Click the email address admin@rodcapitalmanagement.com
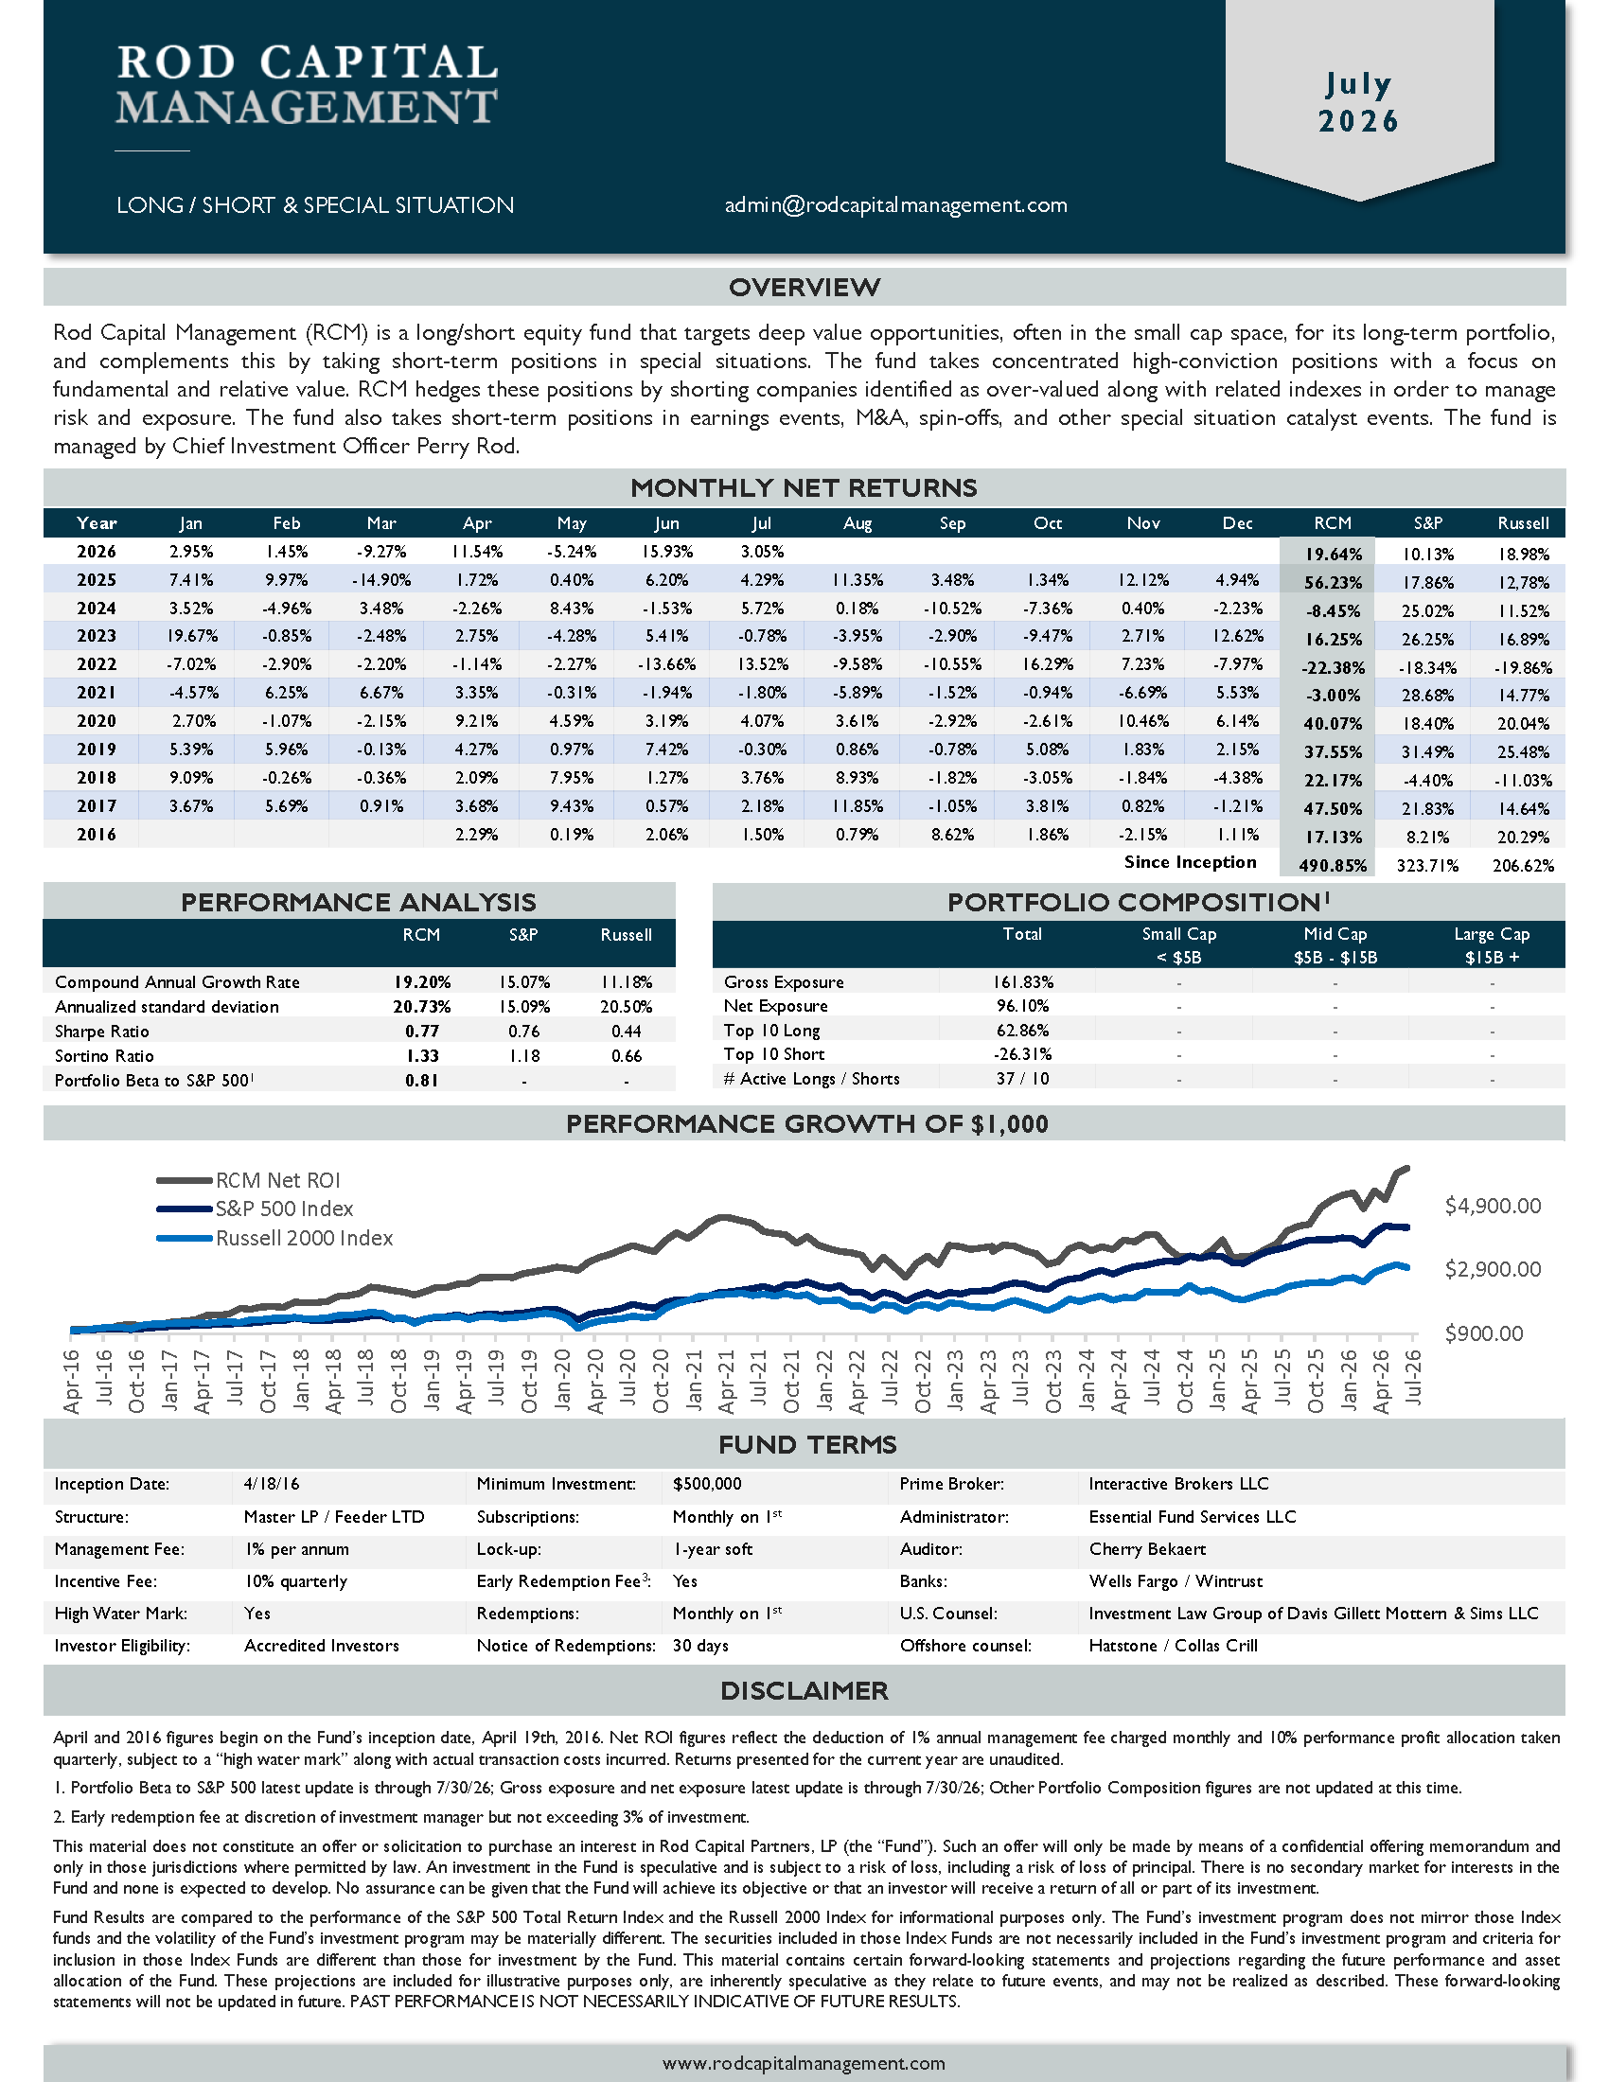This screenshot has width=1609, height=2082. tap(895, 205)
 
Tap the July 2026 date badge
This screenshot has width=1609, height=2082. tap(1359, 102)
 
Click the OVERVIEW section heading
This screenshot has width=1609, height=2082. tap(804, 287)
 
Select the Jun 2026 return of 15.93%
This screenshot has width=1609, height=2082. tap(666, 551)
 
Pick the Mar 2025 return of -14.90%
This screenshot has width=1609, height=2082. tap(380, 579)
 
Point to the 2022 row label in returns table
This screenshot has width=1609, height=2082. tap(97, 664)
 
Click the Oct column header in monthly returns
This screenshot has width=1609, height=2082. tap(1048, 523)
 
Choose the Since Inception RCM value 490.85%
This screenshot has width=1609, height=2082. tap(1333, 866)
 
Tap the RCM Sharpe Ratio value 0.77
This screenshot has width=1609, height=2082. tap(421, 1032)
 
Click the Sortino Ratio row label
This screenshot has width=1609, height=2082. tap(104, 1056)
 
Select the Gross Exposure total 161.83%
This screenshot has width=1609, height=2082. tap(1022, 982)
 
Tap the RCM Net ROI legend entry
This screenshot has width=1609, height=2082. tap(249, 1180)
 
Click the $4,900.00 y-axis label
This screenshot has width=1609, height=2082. tap(1493, 1206)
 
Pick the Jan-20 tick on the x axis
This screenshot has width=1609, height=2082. tap(562, 1381)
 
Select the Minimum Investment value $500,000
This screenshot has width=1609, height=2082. tap(706, 1484)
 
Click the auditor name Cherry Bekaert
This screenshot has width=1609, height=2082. tap(1147, 1549)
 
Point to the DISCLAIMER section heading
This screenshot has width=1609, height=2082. tap(804, 1690)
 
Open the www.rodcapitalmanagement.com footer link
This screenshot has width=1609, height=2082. tap(804, 2063)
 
